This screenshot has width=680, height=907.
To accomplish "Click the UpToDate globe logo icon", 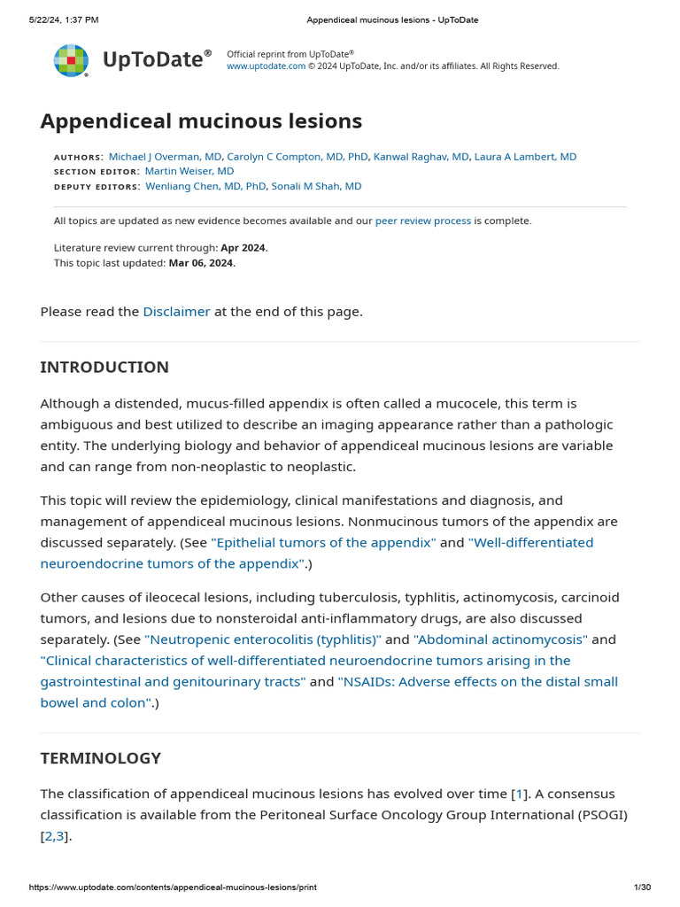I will click(71, 60).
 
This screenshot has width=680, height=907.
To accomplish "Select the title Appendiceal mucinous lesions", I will click(201, 120).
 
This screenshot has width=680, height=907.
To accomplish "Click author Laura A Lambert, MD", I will click(525, 157).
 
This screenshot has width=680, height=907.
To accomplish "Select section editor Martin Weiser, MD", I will click(189, 171).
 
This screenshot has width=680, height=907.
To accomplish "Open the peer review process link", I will click(423, 221).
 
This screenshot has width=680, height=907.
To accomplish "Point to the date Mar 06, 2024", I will click(202, 263).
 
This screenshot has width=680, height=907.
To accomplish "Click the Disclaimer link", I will click(176, 312).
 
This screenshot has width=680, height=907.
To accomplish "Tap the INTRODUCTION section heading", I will click(104, 367).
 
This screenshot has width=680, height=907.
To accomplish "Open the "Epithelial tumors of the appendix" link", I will click(323, 542).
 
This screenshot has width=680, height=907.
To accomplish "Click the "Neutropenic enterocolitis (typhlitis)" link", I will click(263, 640).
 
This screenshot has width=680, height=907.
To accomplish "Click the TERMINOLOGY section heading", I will click(101, 758).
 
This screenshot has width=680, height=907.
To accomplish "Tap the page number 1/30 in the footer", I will click(642, 888).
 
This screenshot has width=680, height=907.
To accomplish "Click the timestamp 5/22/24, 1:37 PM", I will click(64, 19).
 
